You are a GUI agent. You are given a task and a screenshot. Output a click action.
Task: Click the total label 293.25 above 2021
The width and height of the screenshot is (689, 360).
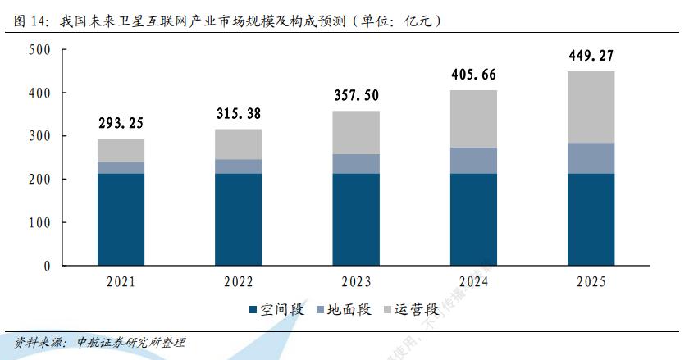click(x=120, y=124)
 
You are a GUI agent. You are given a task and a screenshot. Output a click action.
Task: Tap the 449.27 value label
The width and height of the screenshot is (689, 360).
click(x=590, y=57)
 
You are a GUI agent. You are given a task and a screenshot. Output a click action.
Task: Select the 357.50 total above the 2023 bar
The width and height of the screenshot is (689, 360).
click(x=355, y=95)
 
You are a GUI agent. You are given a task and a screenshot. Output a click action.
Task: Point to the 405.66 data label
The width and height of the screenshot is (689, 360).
click(x=472, y=75)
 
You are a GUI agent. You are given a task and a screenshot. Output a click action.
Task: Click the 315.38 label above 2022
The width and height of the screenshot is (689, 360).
click(x=238, y=113)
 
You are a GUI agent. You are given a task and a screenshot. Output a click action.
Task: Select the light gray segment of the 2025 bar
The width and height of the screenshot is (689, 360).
click(x=590, y=107)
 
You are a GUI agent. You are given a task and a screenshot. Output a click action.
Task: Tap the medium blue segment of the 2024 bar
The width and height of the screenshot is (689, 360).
click(x=472, y=160)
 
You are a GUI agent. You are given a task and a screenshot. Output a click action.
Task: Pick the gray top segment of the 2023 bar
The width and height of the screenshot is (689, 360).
click(x=355, y=132)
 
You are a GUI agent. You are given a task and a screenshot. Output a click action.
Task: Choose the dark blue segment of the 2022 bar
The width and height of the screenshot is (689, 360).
click(x=238, y=219)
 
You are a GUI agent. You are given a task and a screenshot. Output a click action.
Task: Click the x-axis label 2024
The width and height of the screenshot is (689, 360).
click(x=472, y=282)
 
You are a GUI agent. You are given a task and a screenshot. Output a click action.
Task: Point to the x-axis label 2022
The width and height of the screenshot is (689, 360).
click(x=238, y=282)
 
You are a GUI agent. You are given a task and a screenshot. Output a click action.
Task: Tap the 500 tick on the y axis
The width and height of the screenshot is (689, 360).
click(x=39, y=51)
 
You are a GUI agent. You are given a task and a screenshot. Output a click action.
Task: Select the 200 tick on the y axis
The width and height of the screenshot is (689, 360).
click(x=39, y=180)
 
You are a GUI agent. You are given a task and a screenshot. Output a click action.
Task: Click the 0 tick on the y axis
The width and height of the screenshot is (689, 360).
click(x=47, y=266)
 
